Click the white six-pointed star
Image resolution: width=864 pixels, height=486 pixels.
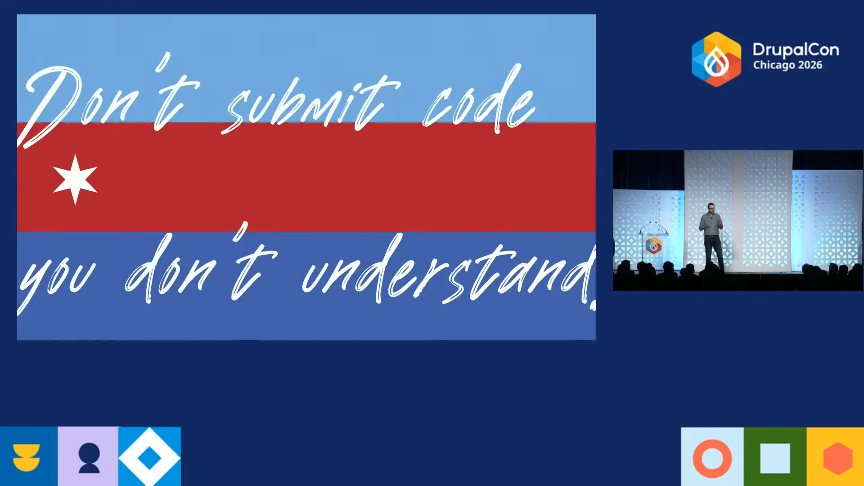click(x=75, y=179)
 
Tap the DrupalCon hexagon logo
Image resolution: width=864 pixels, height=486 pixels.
click(x=716, y=59)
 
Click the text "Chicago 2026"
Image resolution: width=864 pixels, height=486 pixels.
click(x=787, y=65)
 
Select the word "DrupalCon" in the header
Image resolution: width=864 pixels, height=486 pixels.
click(x=796, y=49)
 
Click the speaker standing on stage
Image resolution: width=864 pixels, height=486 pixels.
click(x=711, y=236)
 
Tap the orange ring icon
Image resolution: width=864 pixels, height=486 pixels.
click(x=712, y=458)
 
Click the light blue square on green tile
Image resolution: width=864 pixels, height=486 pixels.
click(x=775, y=458)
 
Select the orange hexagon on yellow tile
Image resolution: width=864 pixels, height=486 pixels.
click(x=837, y=458)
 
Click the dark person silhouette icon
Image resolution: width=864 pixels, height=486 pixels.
click(x=89, y=458)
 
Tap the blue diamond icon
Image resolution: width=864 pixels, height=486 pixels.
click(x=149, y=458)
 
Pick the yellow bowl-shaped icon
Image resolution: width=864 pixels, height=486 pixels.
click(x=27, y=457)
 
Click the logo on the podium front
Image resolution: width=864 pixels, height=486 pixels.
click(x=653, y=246)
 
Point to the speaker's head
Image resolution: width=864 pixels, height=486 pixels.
click(x=711, y=207)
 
